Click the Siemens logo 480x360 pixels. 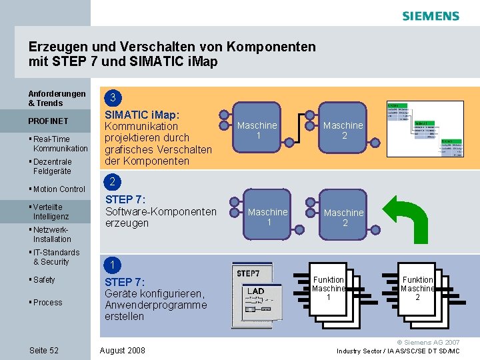[x=430, y=16]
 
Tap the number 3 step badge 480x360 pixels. [x=113, y=98]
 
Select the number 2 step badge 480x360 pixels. [x=113, y=182]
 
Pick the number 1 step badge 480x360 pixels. [x=113, y=265]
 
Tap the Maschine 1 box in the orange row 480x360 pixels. [x=257, y=130]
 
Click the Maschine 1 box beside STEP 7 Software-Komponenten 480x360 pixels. [x=267, y=217]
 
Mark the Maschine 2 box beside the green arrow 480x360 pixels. [x=343, y=217]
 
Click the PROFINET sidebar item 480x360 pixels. [x=48, y=121]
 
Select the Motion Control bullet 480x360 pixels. [x=59, y=189]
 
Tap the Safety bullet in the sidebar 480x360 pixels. [x=44, y=280]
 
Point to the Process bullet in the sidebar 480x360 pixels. [x=47, y=303]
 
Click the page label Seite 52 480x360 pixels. [x=44, y=351]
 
